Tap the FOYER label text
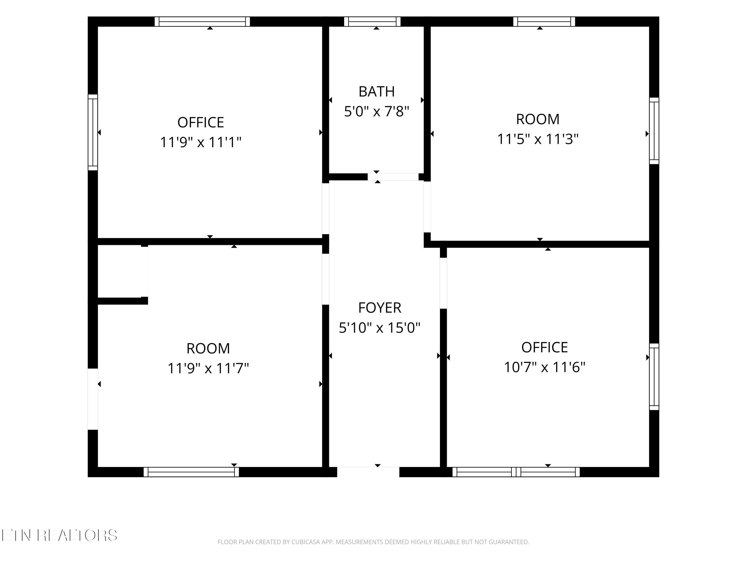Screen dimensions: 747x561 379,308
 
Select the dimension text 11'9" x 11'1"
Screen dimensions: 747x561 201,142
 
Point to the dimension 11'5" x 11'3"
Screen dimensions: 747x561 538,139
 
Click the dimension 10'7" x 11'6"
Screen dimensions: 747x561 544,367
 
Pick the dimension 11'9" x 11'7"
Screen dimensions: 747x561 208,368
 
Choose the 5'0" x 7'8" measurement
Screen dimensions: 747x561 376,111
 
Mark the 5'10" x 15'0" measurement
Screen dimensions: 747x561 379,327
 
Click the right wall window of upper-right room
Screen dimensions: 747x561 654,131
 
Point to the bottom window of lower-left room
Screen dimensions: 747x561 191,472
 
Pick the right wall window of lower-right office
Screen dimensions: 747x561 654,377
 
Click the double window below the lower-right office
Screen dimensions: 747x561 516,472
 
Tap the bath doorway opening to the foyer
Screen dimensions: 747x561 393,177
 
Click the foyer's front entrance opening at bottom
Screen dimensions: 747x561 368,472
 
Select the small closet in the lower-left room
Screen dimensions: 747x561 119,271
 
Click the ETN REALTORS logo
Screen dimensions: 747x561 60,535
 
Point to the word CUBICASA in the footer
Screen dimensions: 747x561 306,542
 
